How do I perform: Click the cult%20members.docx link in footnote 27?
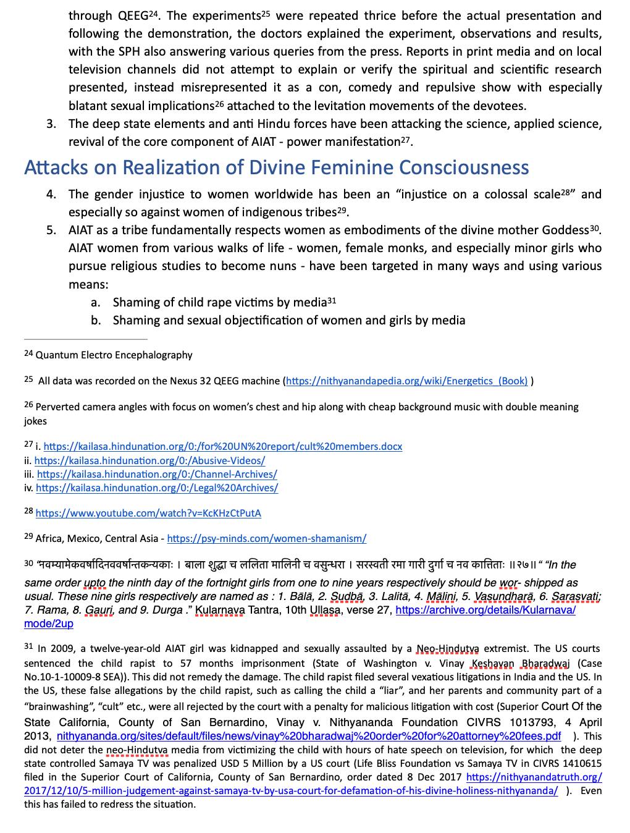click(x=222, y=446)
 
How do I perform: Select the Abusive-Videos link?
click(x=149, y=460)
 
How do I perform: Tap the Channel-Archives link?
click(x=157, y=475)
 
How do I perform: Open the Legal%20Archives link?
click(x=157, y=488)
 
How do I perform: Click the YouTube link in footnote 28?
click(x=148, y=513)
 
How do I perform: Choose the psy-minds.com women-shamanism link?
click(x=266, y=538)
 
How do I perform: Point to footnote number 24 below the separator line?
click(x=28, y=353)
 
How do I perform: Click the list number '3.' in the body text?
click(x=51, y=124)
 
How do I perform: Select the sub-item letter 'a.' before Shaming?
click(x=95, y=303)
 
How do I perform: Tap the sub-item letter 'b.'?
click(x=95, y=321)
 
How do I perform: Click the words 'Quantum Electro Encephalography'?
click(x=114, y=355)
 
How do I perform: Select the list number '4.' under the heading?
click(x=51, y=195)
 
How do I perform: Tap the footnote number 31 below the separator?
click(x=28, y=646)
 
